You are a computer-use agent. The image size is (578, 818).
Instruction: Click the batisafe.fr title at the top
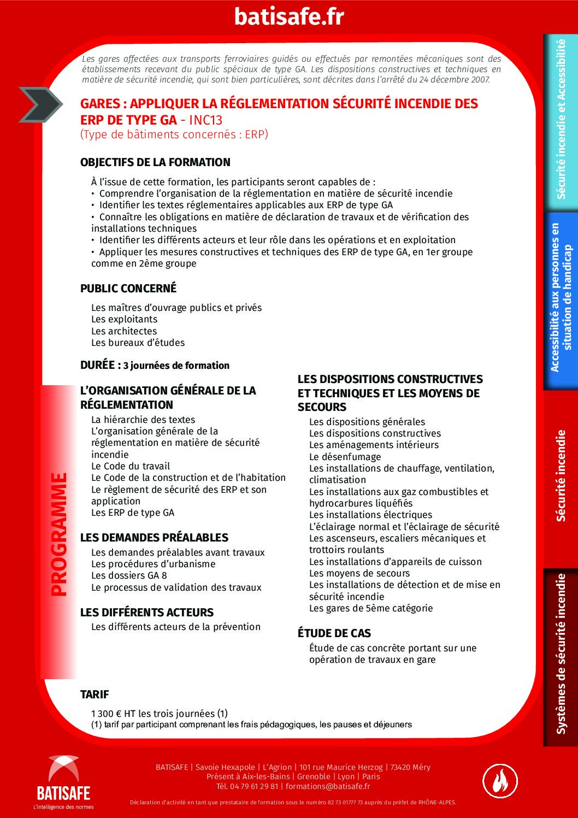pyautogui.click(x=289, y=16)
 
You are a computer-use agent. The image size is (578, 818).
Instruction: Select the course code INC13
pyautogui.click(x=206, y=120)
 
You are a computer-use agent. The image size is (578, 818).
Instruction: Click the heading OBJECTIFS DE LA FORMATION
pyautogui.click(x=155, y=162)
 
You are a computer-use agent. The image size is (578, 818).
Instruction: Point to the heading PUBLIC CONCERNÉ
pyautogui.click(x=128, y=289)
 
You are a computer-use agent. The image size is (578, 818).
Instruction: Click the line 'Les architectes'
pyautogui.click(x=124, y=331)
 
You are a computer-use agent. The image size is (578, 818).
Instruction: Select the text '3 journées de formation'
pyautogui.click(x=176, y=366)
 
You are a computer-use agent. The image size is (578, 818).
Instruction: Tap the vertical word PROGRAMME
pyautogui.click(x=58, y=534)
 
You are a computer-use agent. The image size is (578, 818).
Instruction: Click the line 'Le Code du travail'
pyautogui.click(x=131, y=466)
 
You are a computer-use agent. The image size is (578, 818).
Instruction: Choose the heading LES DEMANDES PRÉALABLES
pyautogui.click(x=154, y=538)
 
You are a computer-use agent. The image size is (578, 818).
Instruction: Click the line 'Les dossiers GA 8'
pyautogui.click(x=129, y=575)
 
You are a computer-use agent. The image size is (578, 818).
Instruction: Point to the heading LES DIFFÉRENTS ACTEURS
pyautogui.click(x=147, y=613)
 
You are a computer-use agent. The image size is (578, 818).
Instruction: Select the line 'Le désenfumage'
pyautogui.click(x=345, y=457)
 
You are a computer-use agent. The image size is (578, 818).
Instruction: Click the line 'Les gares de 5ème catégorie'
pyautogui.click(x=371, y=608)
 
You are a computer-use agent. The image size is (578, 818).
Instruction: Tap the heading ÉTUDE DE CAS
pyautogui.click(x=334, y=633)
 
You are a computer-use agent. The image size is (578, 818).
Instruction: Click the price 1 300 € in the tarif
pyautogui.click(x=107, y=714)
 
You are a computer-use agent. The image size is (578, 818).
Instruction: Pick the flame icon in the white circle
pyautogui.click(x=500, y=780)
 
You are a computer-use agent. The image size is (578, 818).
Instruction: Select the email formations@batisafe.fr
pyautogui.click(x=328, y=786)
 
